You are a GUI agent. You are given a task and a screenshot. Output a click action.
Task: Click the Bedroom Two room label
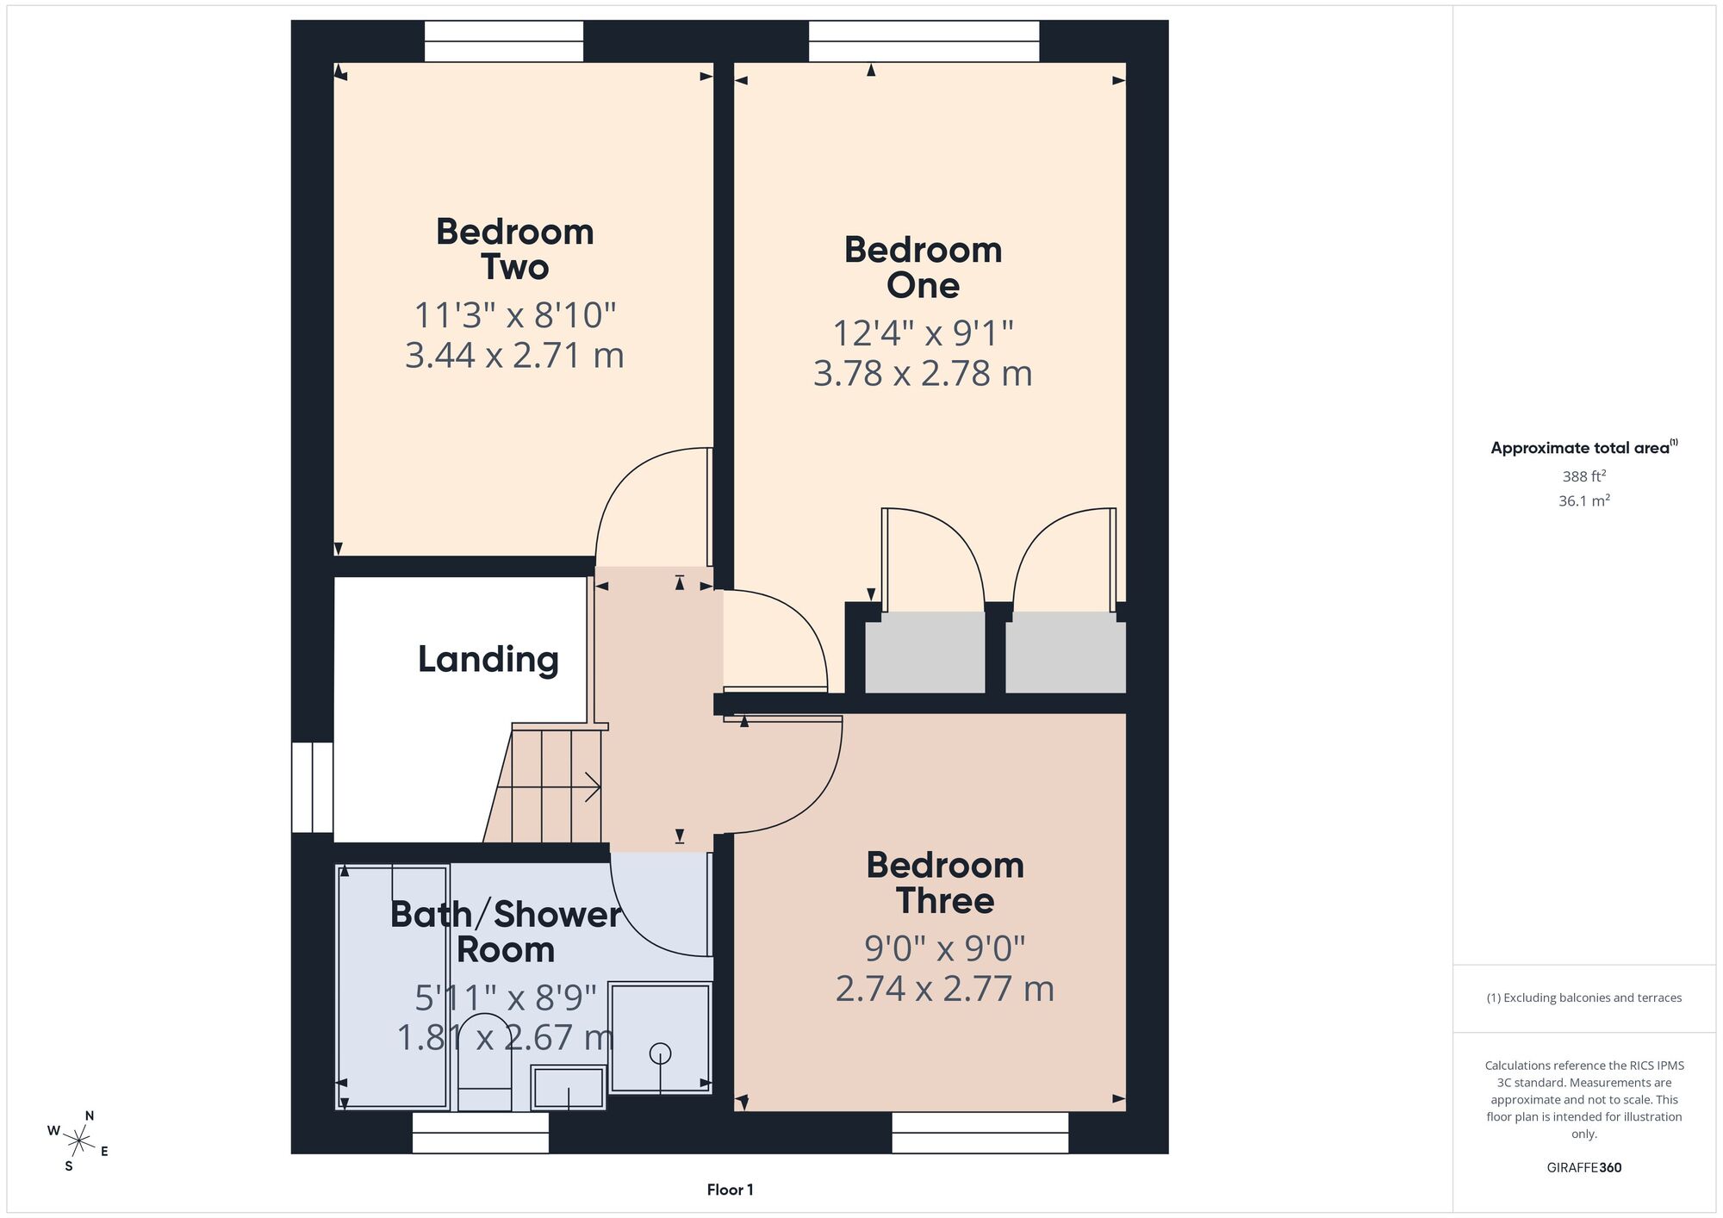[x=515, y=249]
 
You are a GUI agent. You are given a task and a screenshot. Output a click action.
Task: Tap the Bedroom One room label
[x=923, y=267]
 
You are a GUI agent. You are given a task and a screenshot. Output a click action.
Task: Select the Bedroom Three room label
[x=945, y=883]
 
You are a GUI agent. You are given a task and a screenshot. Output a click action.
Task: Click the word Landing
[x=488, y=659]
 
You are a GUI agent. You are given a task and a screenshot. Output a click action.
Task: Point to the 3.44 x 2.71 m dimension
[x=514, y=355]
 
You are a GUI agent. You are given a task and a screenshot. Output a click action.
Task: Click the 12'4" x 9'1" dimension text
[x=923, y=332]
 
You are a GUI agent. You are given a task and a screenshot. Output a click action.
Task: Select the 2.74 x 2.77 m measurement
[x=945, y=988]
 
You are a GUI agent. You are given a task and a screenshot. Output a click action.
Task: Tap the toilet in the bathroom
[x=484, y=1061]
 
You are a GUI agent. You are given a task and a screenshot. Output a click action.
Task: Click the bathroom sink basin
[x=569, y=1088]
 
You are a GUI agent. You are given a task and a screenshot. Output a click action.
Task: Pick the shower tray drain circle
[x=661, y=1053]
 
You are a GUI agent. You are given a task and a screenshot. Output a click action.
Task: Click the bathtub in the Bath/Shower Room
[x=393, y=987]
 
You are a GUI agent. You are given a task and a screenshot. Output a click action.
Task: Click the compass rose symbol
[x=79, y=1142]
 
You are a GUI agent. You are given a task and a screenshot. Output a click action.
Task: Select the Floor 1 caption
[x=730, y=1190]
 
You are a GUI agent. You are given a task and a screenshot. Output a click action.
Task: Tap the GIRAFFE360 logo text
[x=1584, y=1168]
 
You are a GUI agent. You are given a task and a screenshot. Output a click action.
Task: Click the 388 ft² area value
[x=1584, y=475]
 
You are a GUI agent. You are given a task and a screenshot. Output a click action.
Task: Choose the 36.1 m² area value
[x=1584, y=500]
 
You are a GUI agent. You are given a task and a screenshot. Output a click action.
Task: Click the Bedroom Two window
[x=504, y=41]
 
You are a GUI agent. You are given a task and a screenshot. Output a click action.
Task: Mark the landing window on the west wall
[x=312, y=787]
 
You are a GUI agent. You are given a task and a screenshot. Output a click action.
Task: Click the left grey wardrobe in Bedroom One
[x=925, y=652]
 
